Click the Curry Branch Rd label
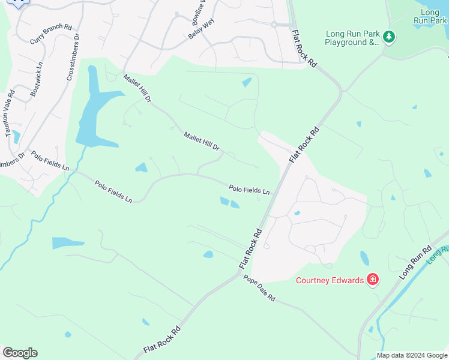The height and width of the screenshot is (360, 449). pos(50,35)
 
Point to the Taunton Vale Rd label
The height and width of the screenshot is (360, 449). pos(10,113)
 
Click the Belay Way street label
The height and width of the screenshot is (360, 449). pos(201,28)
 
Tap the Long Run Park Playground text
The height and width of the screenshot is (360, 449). pos(353,38)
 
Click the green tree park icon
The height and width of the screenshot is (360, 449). pos(389,38)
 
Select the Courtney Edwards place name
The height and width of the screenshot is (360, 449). pos(330,280)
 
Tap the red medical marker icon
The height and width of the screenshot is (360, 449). pos(373,280)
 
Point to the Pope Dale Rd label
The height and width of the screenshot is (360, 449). pos(259,288)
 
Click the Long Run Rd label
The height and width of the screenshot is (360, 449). pos(415,262)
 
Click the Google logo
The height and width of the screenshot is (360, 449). pos(20,353)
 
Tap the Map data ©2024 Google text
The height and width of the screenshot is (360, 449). pos(412,355)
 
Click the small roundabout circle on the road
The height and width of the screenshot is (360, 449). pos(274,25)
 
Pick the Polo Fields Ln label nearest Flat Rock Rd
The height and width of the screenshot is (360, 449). pos(249,190)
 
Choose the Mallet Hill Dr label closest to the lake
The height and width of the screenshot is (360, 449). pos(137,88)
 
